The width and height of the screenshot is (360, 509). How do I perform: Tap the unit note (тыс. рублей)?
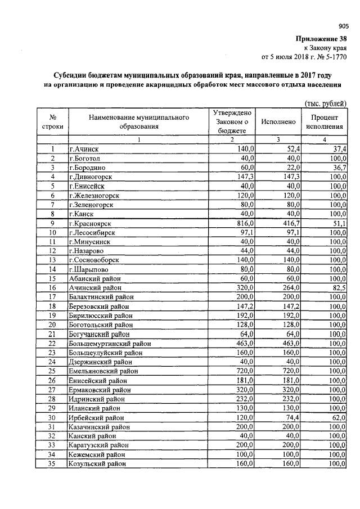pos(325,103)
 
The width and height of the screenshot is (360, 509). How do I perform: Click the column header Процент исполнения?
pos(324,121)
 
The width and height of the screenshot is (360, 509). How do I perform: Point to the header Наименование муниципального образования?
pos(138,121)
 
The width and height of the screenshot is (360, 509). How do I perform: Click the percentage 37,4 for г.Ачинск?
pos(339,148)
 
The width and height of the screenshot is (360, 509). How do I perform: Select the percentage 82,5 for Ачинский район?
pos(339,287)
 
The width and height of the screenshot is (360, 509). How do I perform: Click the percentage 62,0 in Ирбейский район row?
pos(339,417)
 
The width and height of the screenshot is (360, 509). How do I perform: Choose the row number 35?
pos(52,463)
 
